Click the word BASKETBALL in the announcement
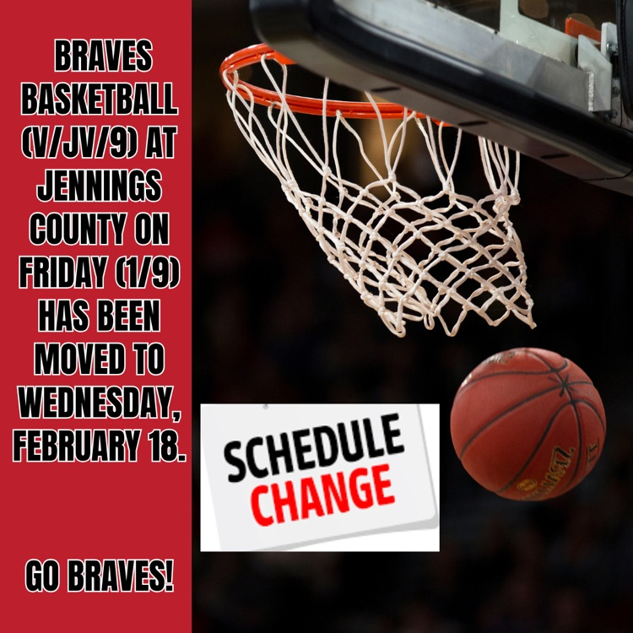100,100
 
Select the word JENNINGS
100,187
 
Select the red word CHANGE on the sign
322,495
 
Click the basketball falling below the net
527,424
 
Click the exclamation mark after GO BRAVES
170,576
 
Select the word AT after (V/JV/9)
160,143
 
